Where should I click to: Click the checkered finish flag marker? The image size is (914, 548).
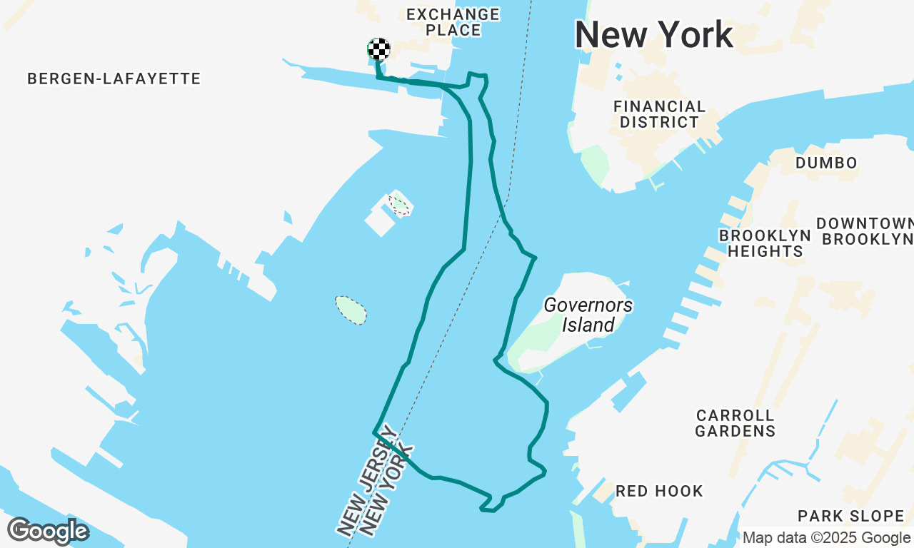379,49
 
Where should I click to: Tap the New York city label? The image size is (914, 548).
653,35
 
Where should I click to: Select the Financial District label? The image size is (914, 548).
659,114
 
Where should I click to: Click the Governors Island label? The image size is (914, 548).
588,315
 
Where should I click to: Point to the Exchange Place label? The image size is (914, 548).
453,22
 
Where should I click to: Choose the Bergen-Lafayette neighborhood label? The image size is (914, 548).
114,78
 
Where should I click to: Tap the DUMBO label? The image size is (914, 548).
826,163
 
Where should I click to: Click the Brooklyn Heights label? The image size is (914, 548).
765,243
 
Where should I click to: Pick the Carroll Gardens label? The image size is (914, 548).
735,423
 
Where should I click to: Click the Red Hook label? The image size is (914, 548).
659,491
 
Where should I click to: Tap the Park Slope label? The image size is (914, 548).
850,516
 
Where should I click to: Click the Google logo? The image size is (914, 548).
47,531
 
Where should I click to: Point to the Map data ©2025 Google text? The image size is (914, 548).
826,538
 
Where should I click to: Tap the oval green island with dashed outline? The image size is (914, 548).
351,310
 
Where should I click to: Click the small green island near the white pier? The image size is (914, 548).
399,205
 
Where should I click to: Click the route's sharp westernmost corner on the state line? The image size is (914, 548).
374,432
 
